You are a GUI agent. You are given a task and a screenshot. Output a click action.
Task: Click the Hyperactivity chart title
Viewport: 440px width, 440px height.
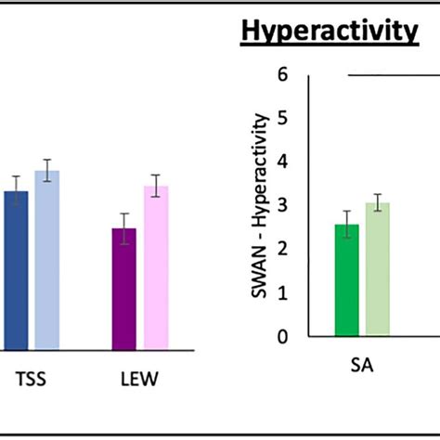tap(329, 32)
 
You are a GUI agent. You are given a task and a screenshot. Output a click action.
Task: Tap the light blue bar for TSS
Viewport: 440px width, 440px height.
tap(47, 261)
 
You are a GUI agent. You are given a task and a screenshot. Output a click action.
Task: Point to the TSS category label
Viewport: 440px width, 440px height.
tap(31, 380)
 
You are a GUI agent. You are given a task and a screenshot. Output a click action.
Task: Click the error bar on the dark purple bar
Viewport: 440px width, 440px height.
tap(124, 228)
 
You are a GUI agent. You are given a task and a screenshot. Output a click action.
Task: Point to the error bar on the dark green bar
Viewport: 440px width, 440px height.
tap(346, 225)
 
